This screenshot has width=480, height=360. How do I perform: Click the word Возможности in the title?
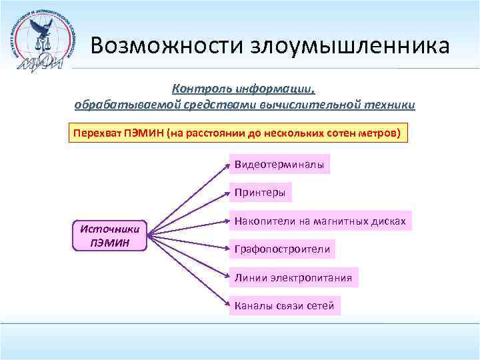click(x=167, y=46)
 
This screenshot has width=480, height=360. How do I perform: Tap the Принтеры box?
click(x=260, y=193)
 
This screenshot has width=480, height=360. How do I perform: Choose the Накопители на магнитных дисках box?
click(x=320, y=221)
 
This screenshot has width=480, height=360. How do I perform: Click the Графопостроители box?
click(x=282, y=249)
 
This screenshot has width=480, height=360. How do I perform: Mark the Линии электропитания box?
click(x=293, y=277)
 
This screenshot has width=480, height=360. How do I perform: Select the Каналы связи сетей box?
click(x=284, y=306)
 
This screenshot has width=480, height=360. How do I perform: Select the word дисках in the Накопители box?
click(x=389, y=221)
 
